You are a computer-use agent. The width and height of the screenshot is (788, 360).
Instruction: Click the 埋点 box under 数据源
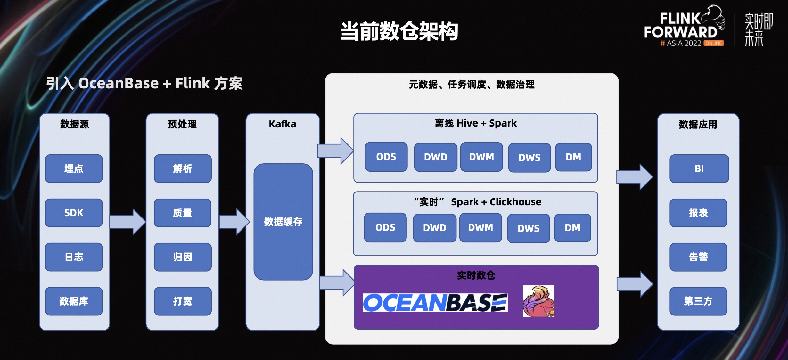(74, 169)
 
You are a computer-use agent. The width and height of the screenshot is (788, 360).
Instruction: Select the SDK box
(74, 213)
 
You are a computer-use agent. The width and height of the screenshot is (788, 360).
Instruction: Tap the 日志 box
(74, 257)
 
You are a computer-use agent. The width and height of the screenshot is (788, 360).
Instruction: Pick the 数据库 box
(74, 301)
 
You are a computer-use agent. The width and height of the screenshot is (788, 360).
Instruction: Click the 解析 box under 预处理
(183, 169)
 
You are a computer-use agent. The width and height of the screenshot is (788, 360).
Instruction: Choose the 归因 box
(183, 257)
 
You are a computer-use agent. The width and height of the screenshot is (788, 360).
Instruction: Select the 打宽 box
(183, 301)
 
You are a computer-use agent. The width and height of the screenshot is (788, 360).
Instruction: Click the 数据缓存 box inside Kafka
(283, 222)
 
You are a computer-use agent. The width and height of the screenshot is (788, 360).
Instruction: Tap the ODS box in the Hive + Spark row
(386, 157)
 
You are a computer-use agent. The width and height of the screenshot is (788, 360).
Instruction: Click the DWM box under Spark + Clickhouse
(480, 228)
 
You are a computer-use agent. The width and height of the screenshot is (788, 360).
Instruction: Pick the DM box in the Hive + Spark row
(573, 157)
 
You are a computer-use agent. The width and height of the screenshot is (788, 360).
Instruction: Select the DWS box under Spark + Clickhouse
(529, 228)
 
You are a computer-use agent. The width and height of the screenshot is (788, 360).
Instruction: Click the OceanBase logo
(435, 303)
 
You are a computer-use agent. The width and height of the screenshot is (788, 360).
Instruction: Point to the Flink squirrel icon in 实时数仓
(538, 301)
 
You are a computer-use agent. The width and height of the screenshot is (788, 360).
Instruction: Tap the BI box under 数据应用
(699, 169)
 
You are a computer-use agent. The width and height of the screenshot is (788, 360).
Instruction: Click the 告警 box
(698, 257)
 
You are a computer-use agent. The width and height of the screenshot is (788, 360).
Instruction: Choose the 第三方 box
(698, 301)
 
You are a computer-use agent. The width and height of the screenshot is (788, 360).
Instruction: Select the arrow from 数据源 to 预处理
(127, 222)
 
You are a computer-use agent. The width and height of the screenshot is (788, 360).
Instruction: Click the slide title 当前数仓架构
(399, 31)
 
